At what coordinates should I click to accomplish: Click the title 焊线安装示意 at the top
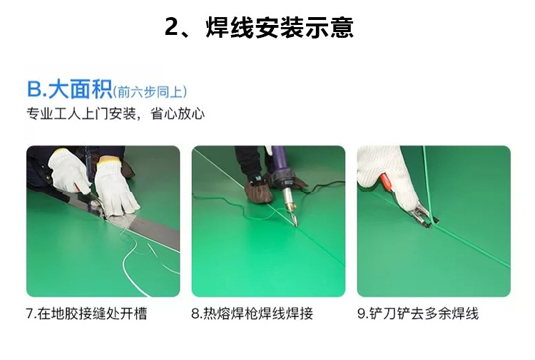pos(280,28)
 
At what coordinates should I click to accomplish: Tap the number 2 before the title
pos(172,28)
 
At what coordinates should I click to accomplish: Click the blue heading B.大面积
pos(69,90)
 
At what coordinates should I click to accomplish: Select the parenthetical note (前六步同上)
pos(151,91)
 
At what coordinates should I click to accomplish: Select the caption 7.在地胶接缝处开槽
pos(86,313)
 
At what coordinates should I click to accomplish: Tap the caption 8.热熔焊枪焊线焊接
pos(253,313)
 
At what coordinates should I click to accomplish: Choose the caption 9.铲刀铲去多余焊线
pos(418,313)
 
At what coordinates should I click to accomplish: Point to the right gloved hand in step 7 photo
pos(118,187)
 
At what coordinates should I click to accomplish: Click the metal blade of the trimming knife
pos(422,213)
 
